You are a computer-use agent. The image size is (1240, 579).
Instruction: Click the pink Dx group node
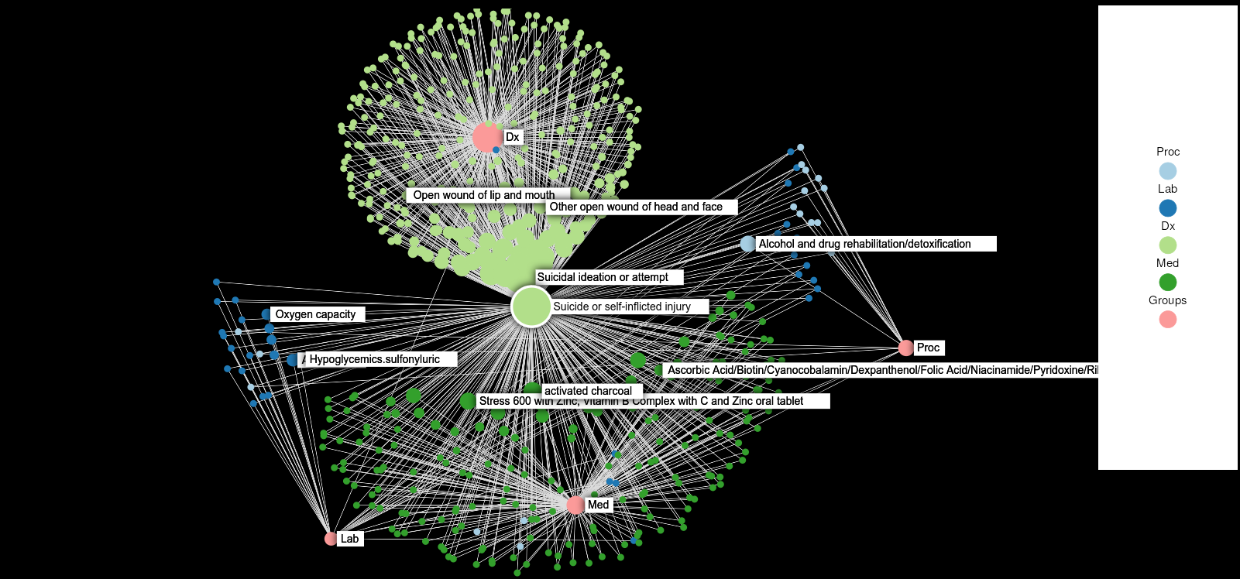coord(486,137)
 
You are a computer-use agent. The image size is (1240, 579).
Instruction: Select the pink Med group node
coord(575,505)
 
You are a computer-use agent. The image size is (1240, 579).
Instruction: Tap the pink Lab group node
coord(331,538)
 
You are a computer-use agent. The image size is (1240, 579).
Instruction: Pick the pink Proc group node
coord(905,348)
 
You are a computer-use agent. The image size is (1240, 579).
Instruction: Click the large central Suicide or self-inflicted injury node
coord(531,307)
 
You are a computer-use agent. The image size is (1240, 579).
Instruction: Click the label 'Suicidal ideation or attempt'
coord(603,277)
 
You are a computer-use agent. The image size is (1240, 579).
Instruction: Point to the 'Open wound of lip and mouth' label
coord(483,195)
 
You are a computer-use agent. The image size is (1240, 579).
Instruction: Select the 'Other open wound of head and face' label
coord(636,207)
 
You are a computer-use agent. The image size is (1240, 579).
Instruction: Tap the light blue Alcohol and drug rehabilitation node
coord(747,244)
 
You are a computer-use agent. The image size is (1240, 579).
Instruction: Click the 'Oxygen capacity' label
coord(315,314)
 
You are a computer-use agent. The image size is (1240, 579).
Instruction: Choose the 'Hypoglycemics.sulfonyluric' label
coord(375,359)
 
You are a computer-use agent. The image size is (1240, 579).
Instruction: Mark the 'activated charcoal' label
coord(588,391)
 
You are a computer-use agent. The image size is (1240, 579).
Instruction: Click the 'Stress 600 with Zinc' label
coord(641,401)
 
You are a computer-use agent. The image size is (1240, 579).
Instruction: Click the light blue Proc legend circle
coord(1167,171)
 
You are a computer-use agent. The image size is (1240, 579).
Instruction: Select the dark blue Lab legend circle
coord(1167,208)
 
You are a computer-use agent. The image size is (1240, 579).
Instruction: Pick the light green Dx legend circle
coord(1167,245)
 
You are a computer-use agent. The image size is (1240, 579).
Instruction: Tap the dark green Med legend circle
coord(1167,283)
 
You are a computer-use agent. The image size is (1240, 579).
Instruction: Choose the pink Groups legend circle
coord(1167,320)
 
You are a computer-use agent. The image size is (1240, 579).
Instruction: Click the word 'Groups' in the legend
coord(1167,300)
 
